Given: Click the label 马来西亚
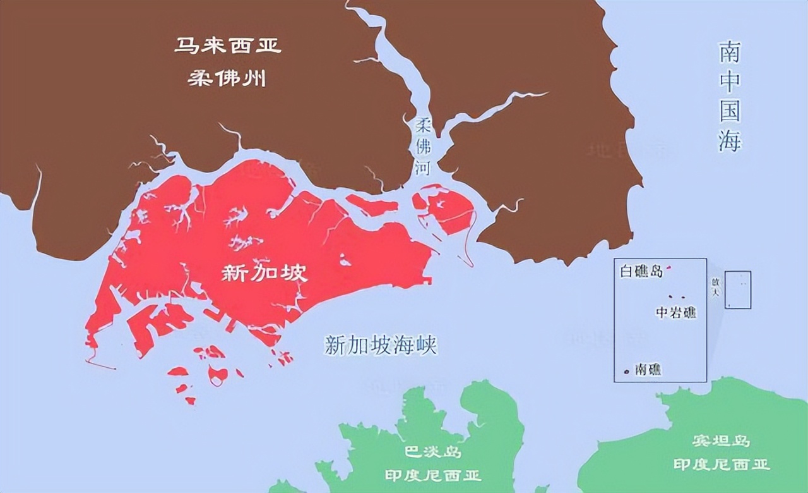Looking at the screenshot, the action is pos(227,46).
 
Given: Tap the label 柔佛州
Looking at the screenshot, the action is pos(227,78).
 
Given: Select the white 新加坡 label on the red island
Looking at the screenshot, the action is pos(264,272).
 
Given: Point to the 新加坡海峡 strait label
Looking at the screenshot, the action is pos(381,345).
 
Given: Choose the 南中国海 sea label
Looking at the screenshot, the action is pos(730,97).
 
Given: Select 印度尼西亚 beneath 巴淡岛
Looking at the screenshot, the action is pos(433,475).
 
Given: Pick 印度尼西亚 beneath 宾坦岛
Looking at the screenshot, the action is pos(721,465).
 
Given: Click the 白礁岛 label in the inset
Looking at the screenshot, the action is pos(641,272).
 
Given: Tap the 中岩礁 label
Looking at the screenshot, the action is pos(675,312).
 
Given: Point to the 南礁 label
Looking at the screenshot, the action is pos(648,370).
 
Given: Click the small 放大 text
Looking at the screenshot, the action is pos(715,289).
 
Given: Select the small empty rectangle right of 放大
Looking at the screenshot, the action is pos(738,289).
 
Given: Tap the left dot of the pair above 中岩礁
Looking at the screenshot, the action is pos(671,297).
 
